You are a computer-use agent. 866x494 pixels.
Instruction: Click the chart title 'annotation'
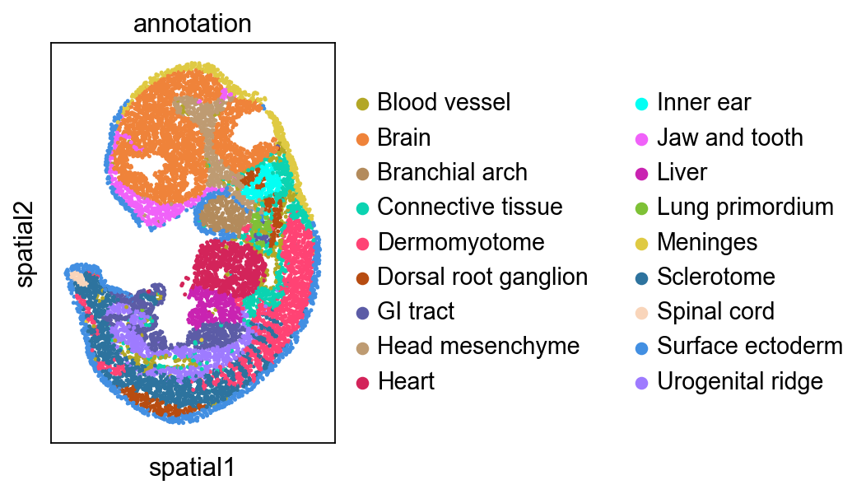[192, 24]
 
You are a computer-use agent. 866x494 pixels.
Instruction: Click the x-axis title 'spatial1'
[192, 468]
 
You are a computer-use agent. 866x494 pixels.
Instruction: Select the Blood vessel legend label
[444, 102]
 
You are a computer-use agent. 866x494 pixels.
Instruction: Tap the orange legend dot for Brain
[362, 137]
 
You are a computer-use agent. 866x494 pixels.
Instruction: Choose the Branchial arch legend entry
[452, 172]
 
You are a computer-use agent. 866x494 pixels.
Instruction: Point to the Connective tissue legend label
[469, 207]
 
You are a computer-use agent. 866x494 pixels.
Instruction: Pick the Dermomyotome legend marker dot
[362, 242]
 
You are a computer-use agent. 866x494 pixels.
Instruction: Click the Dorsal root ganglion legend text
[482, 277]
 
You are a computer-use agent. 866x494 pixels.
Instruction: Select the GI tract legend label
[416, 311]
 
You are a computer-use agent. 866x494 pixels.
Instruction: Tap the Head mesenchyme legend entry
[478, 347]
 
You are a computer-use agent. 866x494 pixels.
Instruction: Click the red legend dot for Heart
[362, 382]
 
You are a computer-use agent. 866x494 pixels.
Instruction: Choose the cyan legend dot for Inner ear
[642, 103]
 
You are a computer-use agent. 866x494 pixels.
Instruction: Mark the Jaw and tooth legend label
[730, 137]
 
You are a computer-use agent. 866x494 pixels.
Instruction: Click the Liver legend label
[682, 172]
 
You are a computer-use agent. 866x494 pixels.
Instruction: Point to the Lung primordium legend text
[745, 207]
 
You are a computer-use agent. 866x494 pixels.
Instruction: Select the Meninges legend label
[707, 242]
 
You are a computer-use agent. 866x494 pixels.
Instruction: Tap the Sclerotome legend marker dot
[642, 277]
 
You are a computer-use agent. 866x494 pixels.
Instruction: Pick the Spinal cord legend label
[715, 311]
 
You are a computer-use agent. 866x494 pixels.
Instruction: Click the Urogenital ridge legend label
[740, 381]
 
